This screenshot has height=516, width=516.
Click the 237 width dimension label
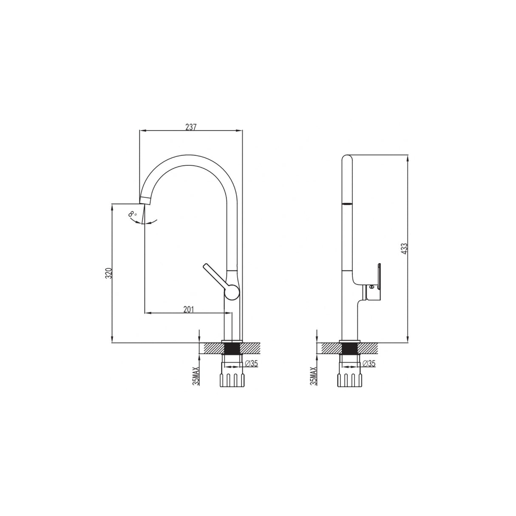(x=191, y=127)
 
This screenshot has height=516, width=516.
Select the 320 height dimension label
(x=109, y=272)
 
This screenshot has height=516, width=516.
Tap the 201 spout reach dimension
(x=189, y=309)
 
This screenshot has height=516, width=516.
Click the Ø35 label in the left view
(x=252, y=363)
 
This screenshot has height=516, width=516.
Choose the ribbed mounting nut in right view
(x=350, y=380)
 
